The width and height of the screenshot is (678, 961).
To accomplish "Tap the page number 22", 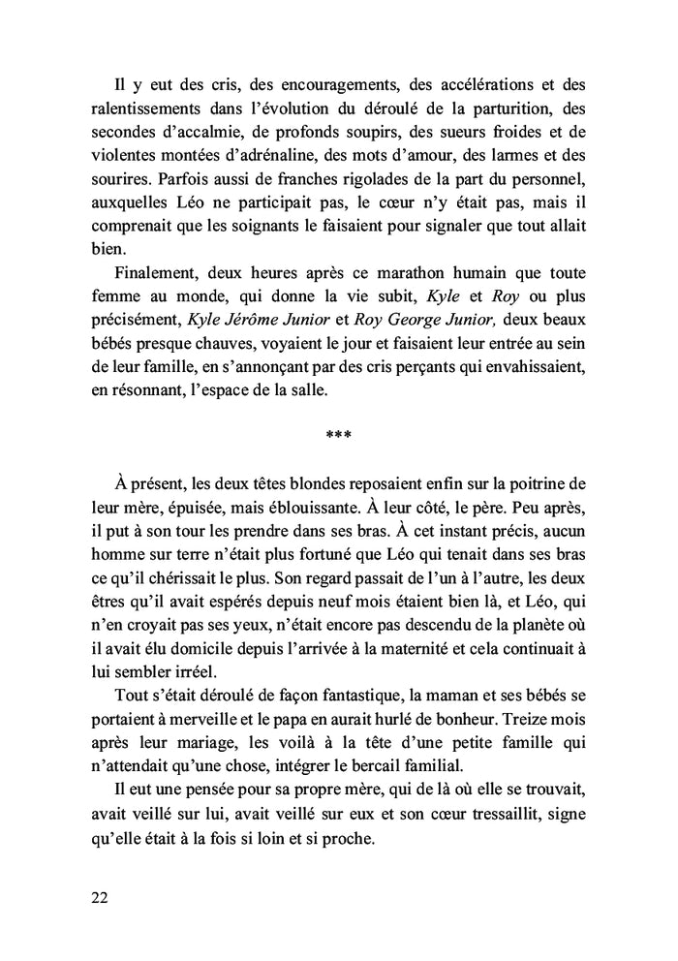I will click(x=99, y=896).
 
